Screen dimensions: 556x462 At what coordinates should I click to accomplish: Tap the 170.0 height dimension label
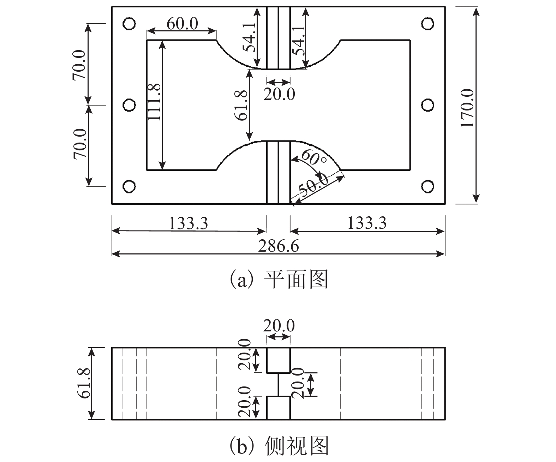(467, 108)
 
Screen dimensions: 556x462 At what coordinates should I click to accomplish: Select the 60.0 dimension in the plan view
(183, 23)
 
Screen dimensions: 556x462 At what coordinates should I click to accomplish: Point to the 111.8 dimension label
(154, 102)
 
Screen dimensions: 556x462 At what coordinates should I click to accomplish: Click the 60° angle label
(314, 157)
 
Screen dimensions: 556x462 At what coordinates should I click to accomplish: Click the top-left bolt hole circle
(129, 24)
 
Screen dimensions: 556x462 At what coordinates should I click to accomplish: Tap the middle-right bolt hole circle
(428, 105)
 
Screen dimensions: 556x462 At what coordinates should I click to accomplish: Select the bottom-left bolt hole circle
(129, 186)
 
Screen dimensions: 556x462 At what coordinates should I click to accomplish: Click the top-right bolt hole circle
(428, 24)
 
